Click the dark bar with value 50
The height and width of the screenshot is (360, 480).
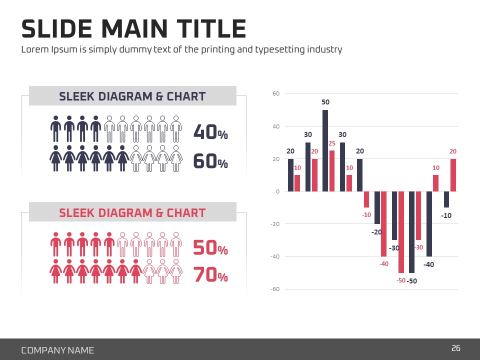coord(325,150)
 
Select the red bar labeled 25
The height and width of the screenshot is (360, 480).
coord(332,170)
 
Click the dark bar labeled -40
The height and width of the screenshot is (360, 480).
coord(429,223)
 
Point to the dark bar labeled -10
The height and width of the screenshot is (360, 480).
coord(446,199)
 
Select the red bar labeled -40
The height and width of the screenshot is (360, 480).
coord(384,223)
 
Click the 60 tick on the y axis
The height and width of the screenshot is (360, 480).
coord(275,93)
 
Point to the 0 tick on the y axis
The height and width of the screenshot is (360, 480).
coord(277,191)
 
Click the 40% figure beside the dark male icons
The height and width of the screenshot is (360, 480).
coord(210,132)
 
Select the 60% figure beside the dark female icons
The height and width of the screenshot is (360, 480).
coord(210,162)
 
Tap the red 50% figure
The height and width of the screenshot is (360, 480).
coord(210,248)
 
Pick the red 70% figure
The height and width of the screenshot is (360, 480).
coord(210,275)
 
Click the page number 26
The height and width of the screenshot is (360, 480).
coord(455,348)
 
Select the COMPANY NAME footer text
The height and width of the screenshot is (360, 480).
coord(57,350)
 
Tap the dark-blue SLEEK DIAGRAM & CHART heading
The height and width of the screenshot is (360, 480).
coord(132,96)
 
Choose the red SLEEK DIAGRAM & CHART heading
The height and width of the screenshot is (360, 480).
coord(132,212)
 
